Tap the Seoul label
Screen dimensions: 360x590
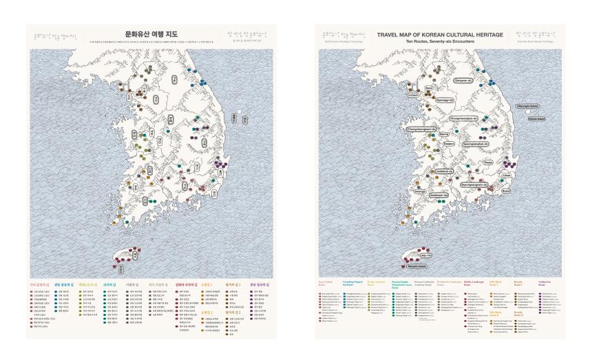[x=428, y=89]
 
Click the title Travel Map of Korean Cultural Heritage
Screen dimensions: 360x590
[x=440, y=34]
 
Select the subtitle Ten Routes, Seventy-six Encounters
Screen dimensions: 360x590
[x=440, y=41]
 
